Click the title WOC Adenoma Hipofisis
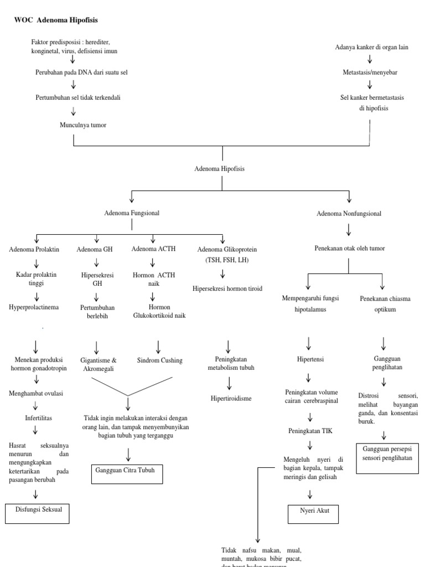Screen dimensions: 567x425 tap(56, 19)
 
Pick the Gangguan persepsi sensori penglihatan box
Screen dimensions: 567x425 tap(387, 457)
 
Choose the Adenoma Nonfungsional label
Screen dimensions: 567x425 tap(349, 213)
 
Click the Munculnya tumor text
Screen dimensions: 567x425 tap(83, 125)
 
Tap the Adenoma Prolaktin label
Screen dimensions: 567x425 tap(34, 250)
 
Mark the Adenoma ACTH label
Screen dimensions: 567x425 tap(153, 249)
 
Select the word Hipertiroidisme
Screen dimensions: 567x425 tap(231, 398)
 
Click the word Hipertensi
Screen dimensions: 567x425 tap(310, 359)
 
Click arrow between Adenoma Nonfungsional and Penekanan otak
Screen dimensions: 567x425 tap(349, 229)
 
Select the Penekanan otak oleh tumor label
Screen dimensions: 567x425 tap(349, 249)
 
